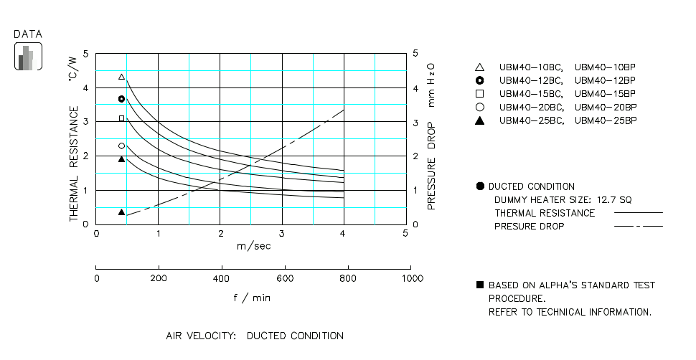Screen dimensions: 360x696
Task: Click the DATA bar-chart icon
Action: point(28,57)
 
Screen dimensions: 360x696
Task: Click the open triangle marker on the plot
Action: point(121,77)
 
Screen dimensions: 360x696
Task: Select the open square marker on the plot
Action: point(121,118)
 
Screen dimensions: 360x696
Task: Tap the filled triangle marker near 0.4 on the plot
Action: point(121,212)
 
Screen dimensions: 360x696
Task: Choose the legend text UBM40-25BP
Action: point(606,120)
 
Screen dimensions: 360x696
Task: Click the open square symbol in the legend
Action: point(480,94)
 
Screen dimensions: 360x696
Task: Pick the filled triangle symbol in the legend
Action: point(480,120)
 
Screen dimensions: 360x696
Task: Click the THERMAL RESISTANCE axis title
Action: point(74,164)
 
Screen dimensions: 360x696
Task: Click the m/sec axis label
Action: point(253,246)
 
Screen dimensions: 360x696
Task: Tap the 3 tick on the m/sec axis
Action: point(282,234)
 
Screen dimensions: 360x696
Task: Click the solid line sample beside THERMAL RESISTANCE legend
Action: point(639,213)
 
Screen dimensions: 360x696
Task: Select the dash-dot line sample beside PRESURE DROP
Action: point(639,227)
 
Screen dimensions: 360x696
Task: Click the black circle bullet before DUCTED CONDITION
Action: point(480,186)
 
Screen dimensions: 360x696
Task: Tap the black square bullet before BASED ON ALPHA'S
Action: point(480,285)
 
